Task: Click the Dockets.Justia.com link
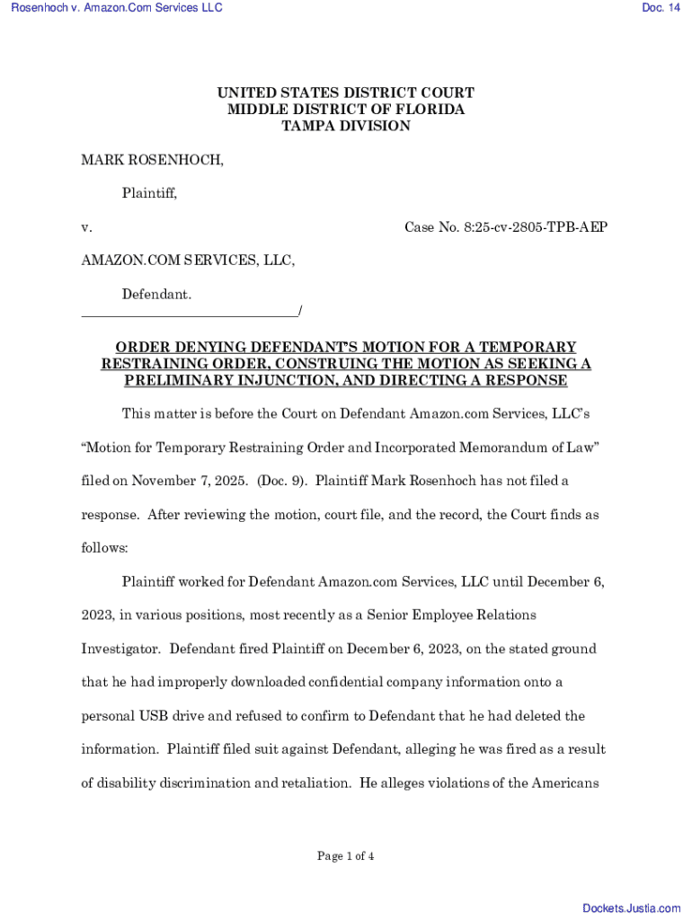(632, 908)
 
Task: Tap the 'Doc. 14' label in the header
(661, 8)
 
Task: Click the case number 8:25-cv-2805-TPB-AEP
(506, 227)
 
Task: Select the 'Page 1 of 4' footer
(346, 856)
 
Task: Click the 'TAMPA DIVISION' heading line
(346, 126)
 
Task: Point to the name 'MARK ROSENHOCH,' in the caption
(153, 160)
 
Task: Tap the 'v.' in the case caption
(86, 227)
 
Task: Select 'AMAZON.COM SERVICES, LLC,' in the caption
(188, 261)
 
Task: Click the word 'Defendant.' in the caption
(156, 295)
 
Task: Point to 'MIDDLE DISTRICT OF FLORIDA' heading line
(346, 110)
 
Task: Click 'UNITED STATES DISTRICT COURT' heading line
(346, 93)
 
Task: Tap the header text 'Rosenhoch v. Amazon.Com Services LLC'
(117, 8)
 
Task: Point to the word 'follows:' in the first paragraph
(105, 547)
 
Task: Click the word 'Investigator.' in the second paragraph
(121, 649)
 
